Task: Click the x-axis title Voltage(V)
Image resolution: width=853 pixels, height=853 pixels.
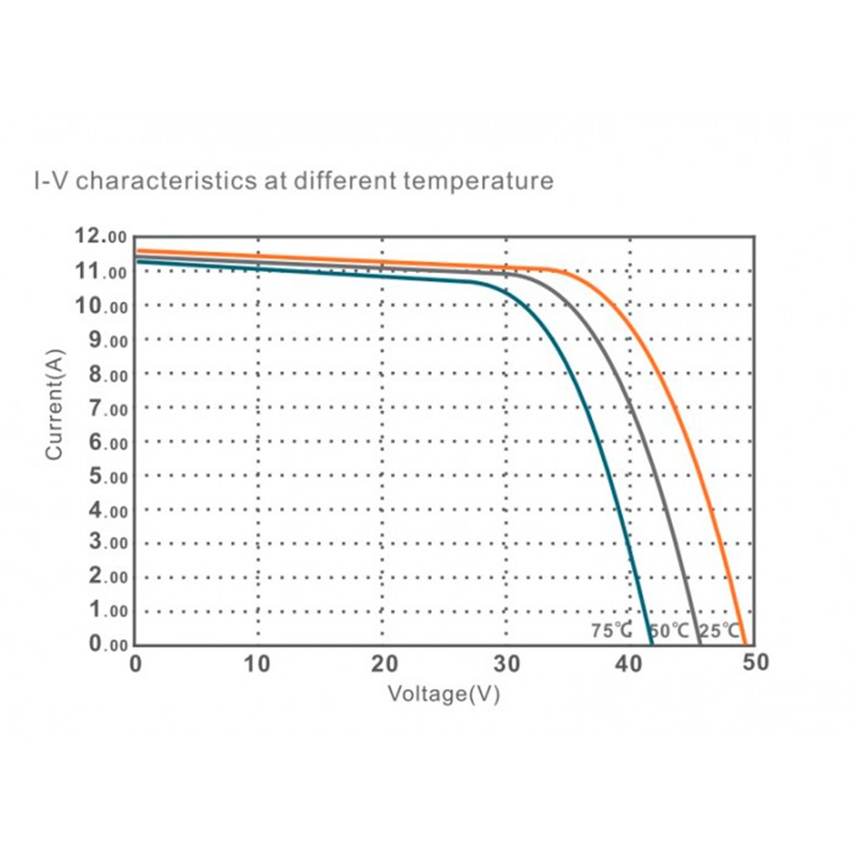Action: click(x=444, y=693)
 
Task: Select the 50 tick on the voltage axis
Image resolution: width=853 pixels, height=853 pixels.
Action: click(x=755, y=664)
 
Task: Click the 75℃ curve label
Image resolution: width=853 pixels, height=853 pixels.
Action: click(x=612, y=632)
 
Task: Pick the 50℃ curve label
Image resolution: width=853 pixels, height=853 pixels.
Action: click(x=669, y=632)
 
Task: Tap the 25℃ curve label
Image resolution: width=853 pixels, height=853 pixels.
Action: click(x=719, y=632)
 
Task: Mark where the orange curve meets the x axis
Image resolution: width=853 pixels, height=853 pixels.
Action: click(x=745, y=644)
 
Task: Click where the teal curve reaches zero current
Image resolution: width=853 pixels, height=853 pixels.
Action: click(x=650, y=644)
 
